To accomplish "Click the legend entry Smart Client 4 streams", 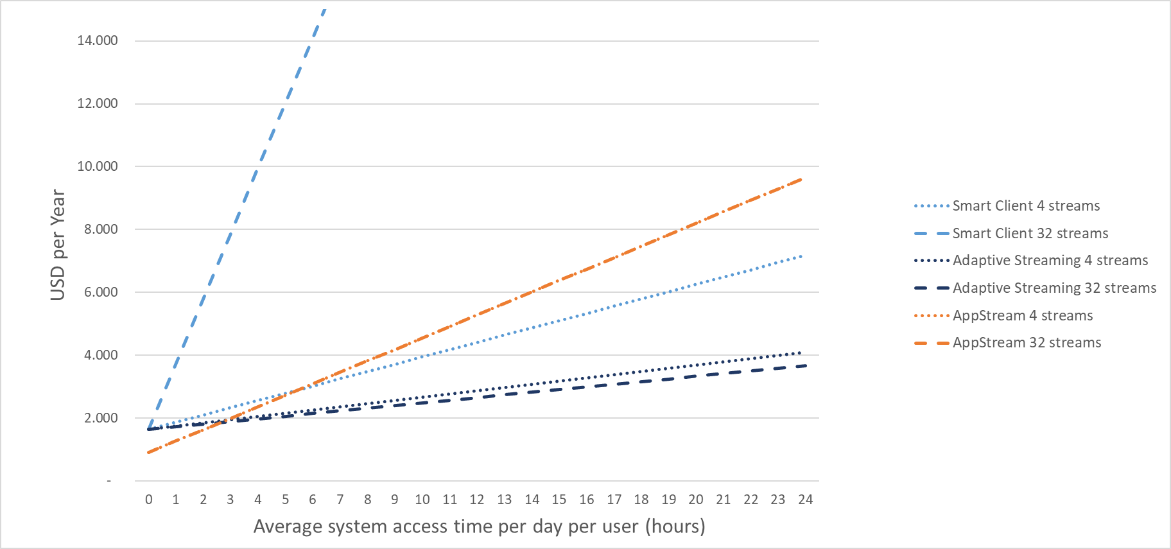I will [x=1025, y=206].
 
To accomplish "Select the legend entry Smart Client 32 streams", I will [x=1030, y=234].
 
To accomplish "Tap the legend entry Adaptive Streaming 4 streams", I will [x=1050, y=261].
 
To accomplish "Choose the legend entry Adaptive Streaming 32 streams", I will [x=1054, y=288].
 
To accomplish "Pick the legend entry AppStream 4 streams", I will [x=1022, y=316].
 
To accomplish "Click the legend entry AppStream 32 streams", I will [x=1027, y=343].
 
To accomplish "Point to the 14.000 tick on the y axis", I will [x=98, y=40].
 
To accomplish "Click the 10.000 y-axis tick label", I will [x=98, y=166].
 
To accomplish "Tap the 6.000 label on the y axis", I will [x=101, y=292].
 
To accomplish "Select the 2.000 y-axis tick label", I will [x=101, y=418].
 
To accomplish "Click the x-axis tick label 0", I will [x=149, y=500].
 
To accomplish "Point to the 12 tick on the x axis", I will [x=477, y=500].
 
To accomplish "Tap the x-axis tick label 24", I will [x=805, y=500].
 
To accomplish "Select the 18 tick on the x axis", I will [x=641, y=500].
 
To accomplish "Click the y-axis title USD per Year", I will [x=58, y=245].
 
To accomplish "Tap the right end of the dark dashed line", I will [x=805, y=365].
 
